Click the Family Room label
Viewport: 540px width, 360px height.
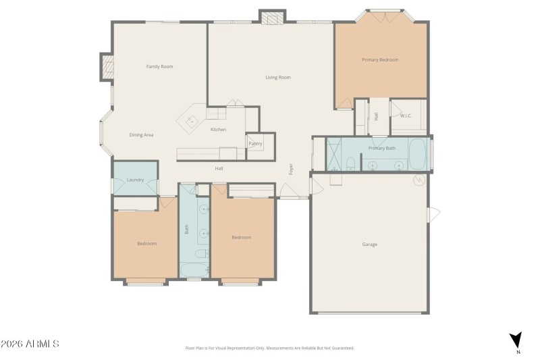click(x=160, y=66)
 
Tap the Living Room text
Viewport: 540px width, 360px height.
click(x=277, y=78)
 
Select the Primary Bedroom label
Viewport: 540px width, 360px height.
click(x=380, y=60)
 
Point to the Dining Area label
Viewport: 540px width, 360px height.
click(x=142, y=135)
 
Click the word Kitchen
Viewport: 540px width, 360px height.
click(x=218, y=129)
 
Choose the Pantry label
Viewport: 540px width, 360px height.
click(x=255, y=144)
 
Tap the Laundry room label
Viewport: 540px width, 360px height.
click(x=135, y=180)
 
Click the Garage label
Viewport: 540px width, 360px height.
click(x=369, y=244)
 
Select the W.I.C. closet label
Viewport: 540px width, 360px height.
click(x=406, y=115)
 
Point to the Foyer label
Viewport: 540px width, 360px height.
click(x=292, y=170)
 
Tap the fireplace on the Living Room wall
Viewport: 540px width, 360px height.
click(x=273, y=18)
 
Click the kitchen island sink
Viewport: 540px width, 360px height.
click(x=191, y=122)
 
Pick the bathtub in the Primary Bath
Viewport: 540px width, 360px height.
click(x=417, y=153)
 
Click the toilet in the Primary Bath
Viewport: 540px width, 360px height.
click(x=350, y=163)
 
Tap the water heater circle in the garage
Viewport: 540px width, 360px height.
click(x=418, y=180)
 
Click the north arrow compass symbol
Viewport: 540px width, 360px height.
click(x=516, y=340)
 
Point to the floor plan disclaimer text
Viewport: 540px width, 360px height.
click(x=269, y=348)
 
